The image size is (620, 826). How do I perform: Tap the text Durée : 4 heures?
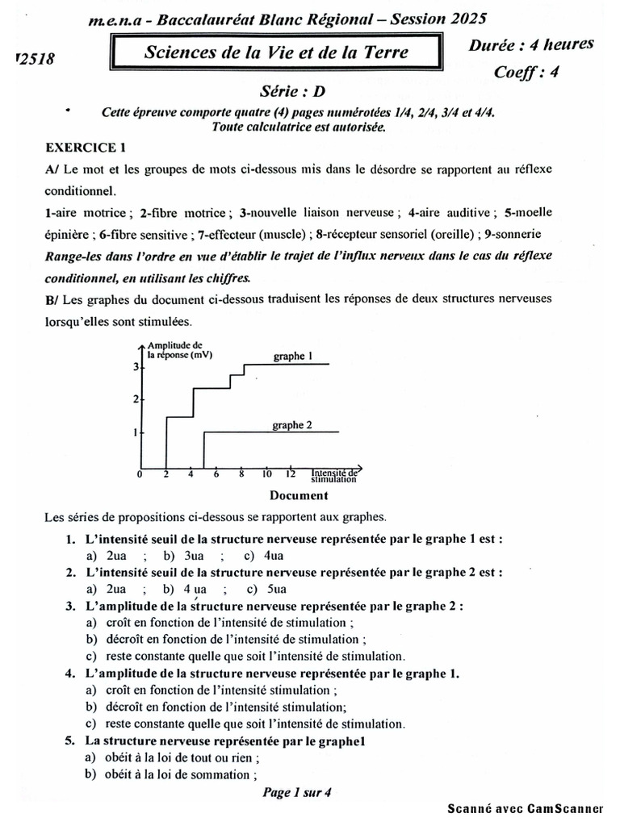click(x=531, y=45)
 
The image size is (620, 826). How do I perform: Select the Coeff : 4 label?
click(x=526, y=72)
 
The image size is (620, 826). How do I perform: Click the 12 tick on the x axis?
click(x=291, y=473)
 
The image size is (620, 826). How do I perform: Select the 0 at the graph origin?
click(x=140, y=474)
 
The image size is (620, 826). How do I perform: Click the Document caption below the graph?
click(x=298, y=495)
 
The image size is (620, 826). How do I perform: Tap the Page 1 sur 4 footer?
click(x=297, y=793)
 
